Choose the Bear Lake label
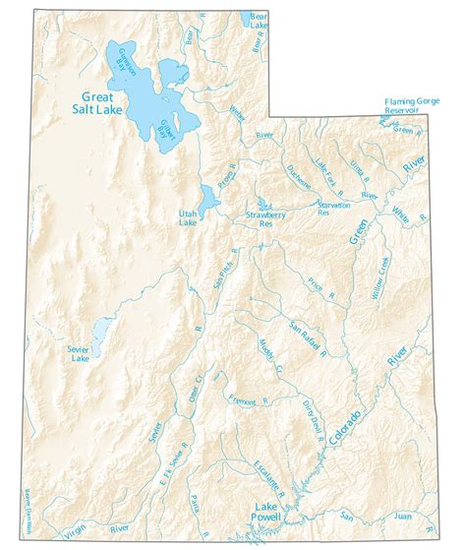[259, 21]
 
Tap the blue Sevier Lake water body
[99, 335]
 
